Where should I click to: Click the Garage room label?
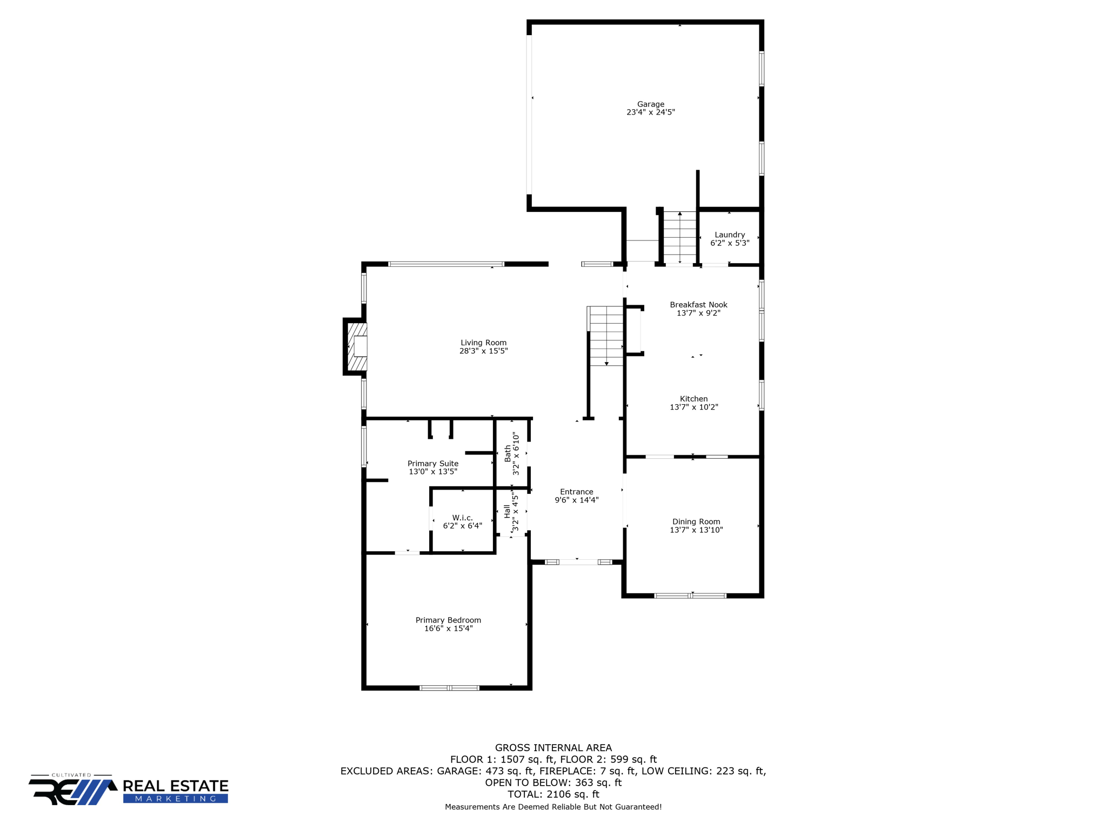[650, 104]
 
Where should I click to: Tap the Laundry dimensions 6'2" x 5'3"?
[730, 243]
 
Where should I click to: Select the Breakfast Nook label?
[698, 305]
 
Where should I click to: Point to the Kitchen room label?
[693, 399]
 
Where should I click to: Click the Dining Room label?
[696, 521]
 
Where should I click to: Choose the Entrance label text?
[576, 492]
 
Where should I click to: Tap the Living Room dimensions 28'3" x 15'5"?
[483, 351]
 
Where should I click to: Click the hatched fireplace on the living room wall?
[357, 346]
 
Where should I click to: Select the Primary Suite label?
[432, 464]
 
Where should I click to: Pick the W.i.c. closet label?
[462, 518]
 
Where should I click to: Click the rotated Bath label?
[508, 453]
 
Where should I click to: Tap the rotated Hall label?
[507, 511]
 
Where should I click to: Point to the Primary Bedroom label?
[448, 620]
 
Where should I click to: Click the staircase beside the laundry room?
[679, 237]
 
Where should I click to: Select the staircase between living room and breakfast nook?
[606, 336]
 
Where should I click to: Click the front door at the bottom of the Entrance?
[577, 562]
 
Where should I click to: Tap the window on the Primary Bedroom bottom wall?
[449, 688]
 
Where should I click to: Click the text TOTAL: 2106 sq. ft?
[553, 794]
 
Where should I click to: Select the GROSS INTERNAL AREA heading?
[553, 748]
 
